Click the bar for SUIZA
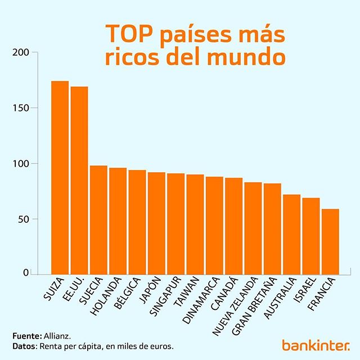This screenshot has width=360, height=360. point(60,177)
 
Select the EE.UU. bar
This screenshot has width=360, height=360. point(79,180)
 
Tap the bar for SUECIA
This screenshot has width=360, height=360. point(98,219)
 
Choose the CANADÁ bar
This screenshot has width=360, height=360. point(233,226)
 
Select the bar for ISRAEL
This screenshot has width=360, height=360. point(310,235)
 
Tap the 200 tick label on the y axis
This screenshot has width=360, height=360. point(21,53)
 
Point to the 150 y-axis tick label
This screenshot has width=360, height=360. point(21,108)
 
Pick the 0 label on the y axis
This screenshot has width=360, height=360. point(26,273)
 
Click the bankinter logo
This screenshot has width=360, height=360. point(316,344)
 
